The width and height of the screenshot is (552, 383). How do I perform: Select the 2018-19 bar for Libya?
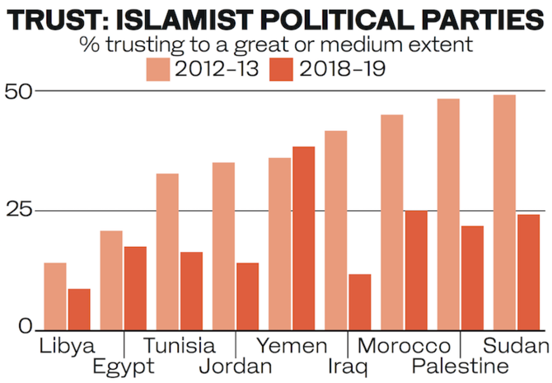point(79,309)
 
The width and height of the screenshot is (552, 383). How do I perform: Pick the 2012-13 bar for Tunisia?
point(166,251)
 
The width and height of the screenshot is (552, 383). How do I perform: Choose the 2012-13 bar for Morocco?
point(391,222)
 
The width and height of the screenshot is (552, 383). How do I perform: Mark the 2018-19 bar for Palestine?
point(472,278)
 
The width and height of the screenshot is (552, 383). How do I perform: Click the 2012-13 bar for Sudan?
point(504,213)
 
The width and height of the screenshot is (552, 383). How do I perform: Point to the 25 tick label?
point(19,210)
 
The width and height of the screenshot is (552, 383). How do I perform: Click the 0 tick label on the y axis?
point(26,328)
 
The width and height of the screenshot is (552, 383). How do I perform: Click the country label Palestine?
point(460,366)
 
